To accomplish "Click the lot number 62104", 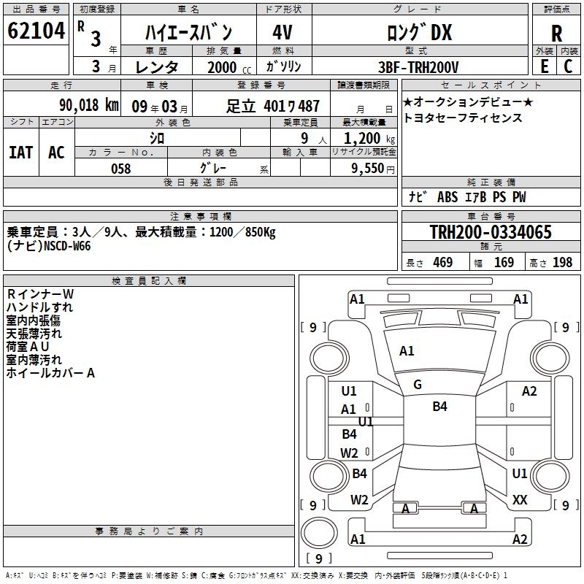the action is point(36,31).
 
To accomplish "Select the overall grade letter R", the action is point(556,34).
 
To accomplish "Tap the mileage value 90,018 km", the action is point(89,105).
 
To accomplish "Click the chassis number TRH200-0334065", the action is point(491,231).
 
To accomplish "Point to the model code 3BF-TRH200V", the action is point(418,67).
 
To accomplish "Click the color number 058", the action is point(121,169).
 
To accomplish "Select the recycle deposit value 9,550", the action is point(368,169).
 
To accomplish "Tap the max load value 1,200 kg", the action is point(369,139).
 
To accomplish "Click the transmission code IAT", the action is point(21,153).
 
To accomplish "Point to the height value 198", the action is point(562,263).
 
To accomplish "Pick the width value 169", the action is point(504,263).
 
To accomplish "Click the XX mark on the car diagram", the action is point(520,499).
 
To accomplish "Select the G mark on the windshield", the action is point(418,385).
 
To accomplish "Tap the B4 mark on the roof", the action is point(439,407).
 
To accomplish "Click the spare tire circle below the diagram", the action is point(319,533).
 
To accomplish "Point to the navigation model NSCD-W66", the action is point(67,246).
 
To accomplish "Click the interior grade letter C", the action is point(568,66).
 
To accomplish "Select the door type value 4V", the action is point(283,32).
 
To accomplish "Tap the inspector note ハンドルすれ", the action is point(39,307).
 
